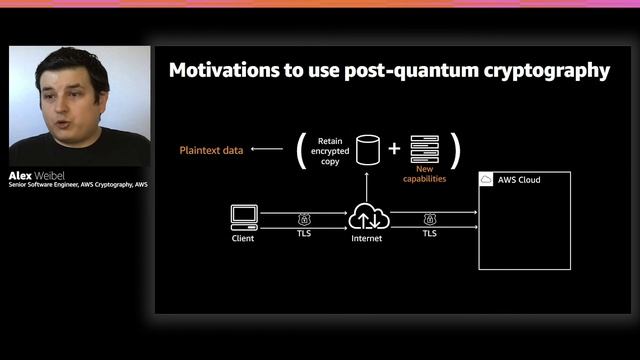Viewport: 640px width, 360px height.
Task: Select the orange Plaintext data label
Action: click(x=211, y=150)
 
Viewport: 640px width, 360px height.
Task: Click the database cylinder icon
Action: click(x=369, y=150)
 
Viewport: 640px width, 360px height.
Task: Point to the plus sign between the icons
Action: click(x=394, y=149)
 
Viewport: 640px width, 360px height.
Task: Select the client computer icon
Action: click(x=244, y=215)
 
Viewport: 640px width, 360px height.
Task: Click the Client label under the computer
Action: click(x=243, y=239)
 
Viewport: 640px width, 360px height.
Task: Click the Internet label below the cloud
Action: click(x=367, y=240)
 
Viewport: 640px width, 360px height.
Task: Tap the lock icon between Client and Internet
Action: click(x=304, y=218)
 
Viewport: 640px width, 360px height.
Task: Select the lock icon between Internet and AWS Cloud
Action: click(x=430, y=218)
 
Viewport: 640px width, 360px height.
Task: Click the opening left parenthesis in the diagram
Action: click(x=299, y=150)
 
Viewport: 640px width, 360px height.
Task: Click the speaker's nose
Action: click(x=62, y=96)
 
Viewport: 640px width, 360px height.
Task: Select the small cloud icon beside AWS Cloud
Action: click(x=487, y=180)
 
